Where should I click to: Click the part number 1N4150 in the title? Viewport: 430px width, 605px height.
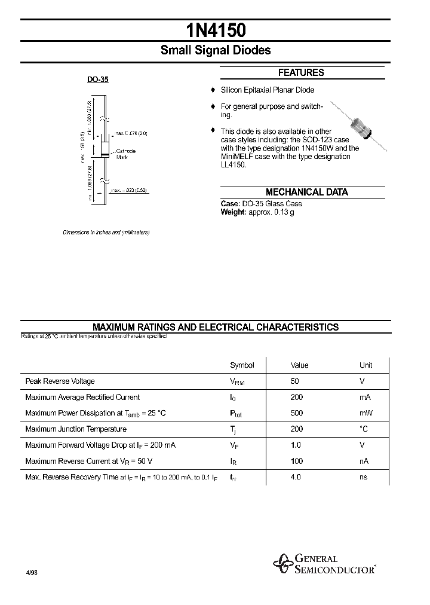(215, 30)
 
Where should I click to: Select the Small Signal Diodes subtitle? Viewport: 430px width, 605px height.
(215, 51)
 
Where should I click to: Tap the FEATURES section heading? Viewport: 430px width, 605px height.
(301, 73)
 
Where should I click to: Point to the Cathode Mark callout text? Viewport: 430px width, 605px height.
(125, 154)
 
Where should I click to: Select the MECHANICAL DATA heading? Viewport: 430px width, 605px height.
(306, 192)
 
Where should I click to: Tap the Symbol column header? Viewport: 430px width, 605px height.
(242, 365)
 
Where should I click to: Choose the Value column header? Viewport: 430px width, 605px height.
(299, 365)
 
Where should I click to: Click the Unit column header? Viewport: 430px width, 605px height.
(365, 365)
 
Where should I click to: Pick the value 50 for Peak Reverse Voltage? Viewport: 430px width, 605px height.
(294, 381)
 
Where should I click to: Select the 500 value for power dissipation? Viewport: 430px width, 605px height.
(296, 413)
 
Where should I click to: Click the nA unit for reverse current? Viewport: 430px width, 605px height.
(364, 461)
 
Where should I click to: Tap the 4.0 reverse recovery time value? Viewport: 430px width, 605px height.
(295, 477)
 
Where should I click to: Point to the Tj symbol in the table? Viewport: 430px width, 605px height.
(233, 430)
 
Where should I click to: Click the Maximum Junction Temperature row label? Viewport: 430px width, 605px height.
(76, 429)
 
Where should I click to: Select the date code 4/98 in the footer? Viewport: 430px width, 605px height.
(32, 572)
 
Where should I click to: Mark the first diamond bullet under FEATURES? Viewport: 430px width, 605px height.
(212, 90)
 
